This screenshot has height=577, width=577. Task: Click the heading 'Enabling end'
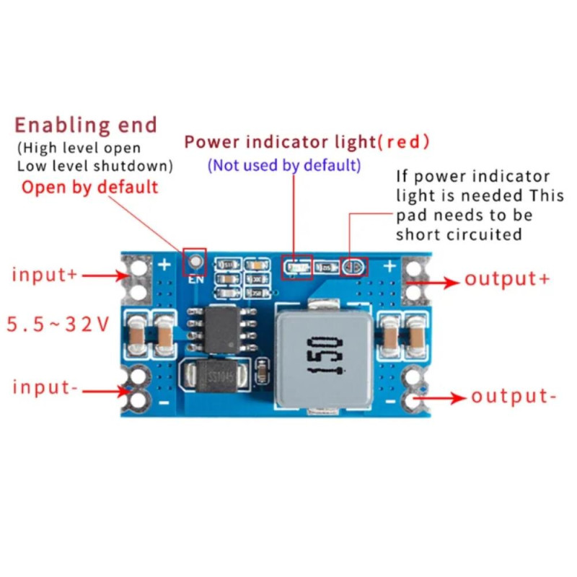(x=85, y=125)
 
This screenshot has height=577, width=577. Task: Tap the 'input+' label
(x=44, y=275)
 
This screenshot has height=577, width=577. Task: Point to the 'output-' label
(x=514, y=396)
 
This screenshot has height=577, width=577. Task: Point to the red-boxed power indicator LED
(x=296, y=269)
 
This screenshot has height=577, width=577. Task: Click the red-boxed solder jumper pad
(x=353, y=268)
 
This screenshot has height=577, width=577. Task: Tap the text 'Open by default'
(x=89, y=188)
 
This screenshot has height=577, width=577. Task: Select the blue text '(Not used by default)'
(x=284, y=165)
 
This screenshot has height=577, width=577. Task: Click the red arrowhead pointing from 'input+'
(x=124, y=275)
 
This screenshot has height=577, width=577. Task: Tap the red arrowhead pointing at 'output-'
(x=457, y=397)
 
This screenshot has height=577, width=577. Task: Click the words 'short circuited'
(x=458, y=234)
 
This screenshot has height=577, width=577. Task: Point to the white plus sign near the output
(x=390, y=267)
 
